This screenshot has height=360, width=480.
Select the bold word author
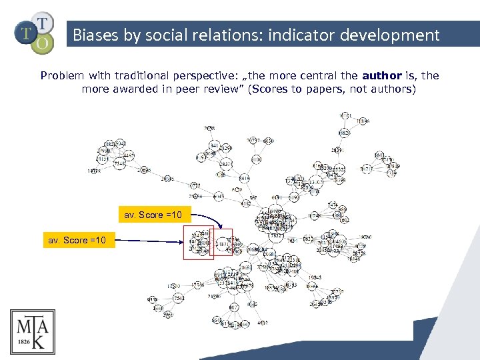pyautogui.click(x=381, y=75)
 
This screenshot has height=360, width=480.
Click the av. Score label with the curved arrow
pyautogui.click(x=157, y=215)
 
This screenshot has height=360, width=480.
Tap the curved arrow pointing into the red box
pyautogui.click(x=208, y=218)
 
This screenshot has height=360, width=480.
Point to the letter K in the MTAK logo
pyautogui.click(x=39, y=341)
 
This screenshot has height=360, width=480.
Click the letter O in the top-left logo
pyautogui.click(x=42, y=43)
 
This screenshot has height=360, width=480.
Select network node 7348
pyautogui.click(x=119, y=163)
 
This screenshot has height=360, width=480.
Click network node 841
pyautogui.click(x=214, y=145)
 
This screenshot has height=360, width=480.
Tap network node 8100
pyautogui.click(x=257, y=159)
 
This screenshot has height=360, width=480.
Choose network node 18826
pyautogui.click(x=343, y=133)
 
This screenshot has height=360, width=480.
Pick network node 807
pyautogui.click(x=234, y=307)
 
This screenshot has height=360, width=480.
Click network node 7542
pyautogui.click(x=179, y=297)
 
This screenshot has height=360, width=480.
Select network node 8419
pyautogui.click(x=244, y=178)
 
